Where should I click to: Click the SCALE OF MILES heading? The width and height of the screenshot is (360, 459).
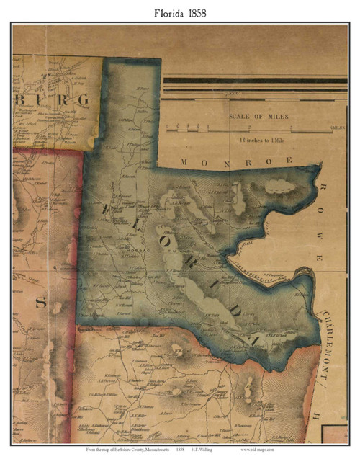point(259,116)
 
